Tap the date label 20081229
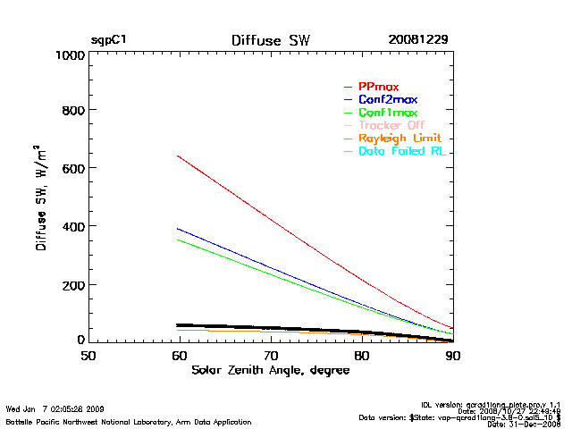(417, 40)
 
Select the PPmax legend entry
(379, 86)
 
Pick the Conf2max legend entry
(387, 99)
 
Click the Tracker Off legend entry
(391, 125)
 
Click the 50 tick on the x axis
(88, 356)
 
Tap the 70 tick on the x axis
(271, 356)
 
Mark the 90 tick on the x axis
(453, 356)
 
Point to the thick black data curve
(268, 328)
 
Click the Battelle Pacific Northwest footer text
(129, 421)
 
